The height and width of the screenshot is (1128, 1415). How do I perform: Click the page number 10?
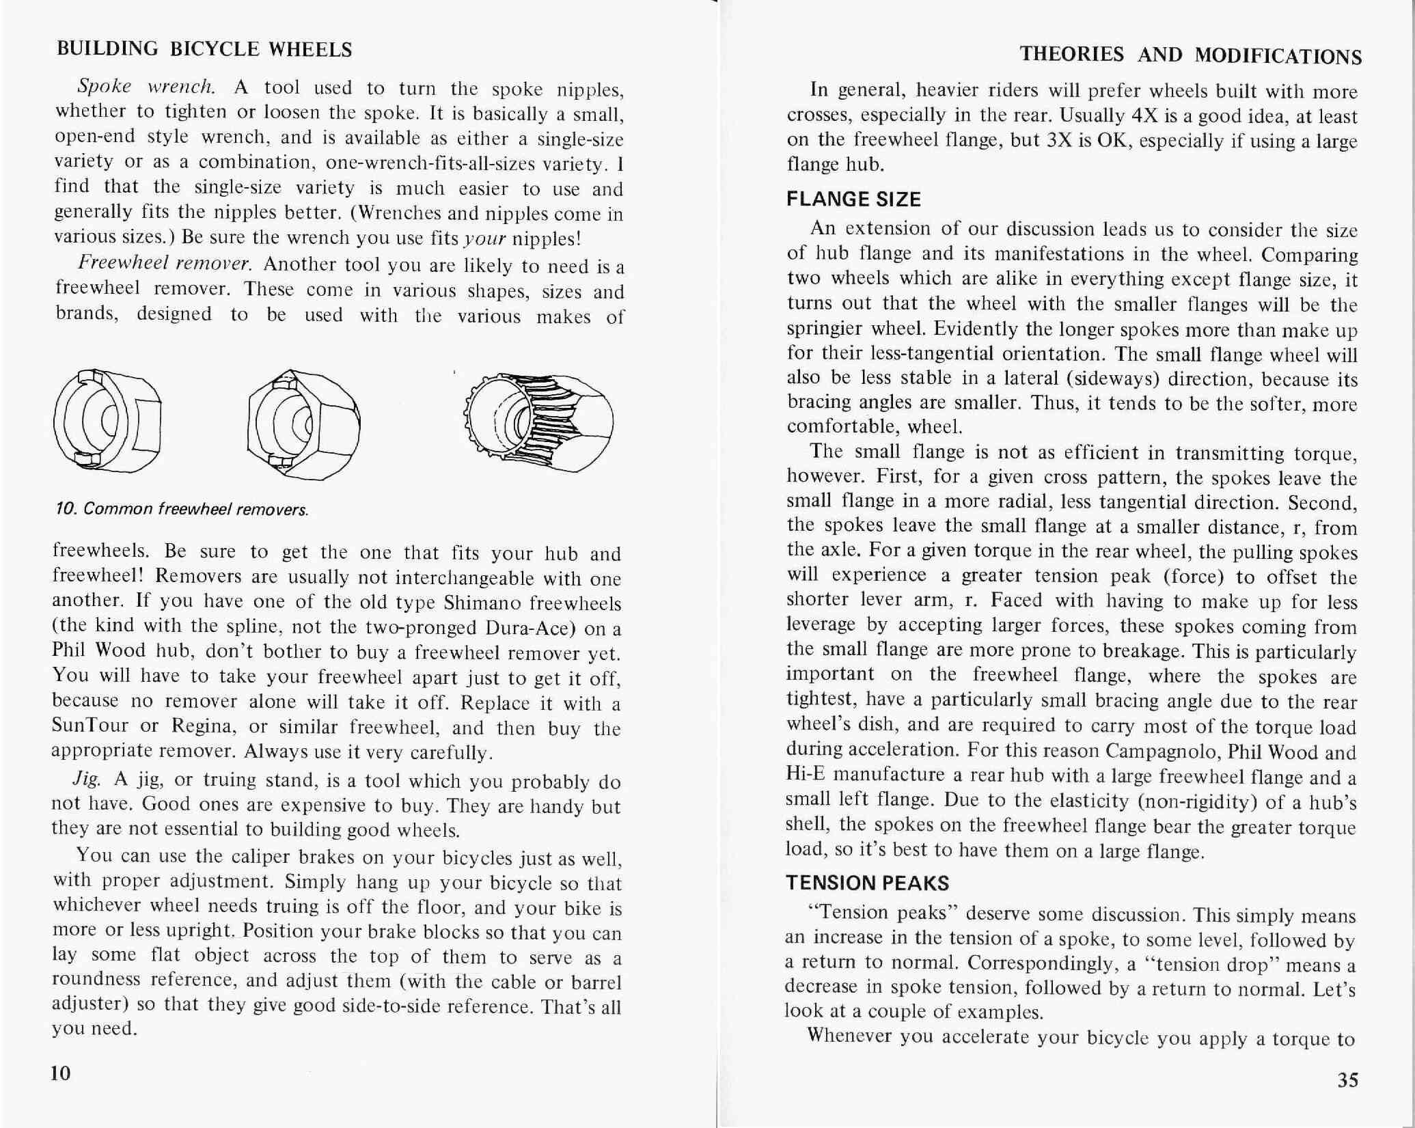coord(61,1073)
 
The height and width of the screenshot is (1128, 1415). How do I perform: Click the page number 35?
coord(1347,1079)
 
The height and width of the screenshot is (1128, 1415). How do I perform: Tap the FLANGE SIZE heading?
coord(853,200)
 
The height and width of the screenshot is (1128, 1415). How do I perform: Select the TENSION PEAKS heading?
coord(867,883)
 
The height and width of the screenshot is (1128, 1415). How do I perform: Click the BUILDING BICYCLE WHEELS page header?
coord(204,49)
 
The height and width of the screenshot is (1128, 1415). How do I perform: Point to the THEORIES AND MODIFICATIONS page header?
coord(1190,55)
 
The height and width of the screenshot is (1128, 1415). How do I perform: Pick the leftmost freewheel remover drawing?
coord(107,422)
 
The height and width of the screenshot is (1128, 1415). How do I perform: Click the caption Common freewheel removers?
coord(182,509)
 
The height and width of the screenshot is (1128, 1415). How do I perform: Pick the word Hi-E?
coord(807,775)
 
